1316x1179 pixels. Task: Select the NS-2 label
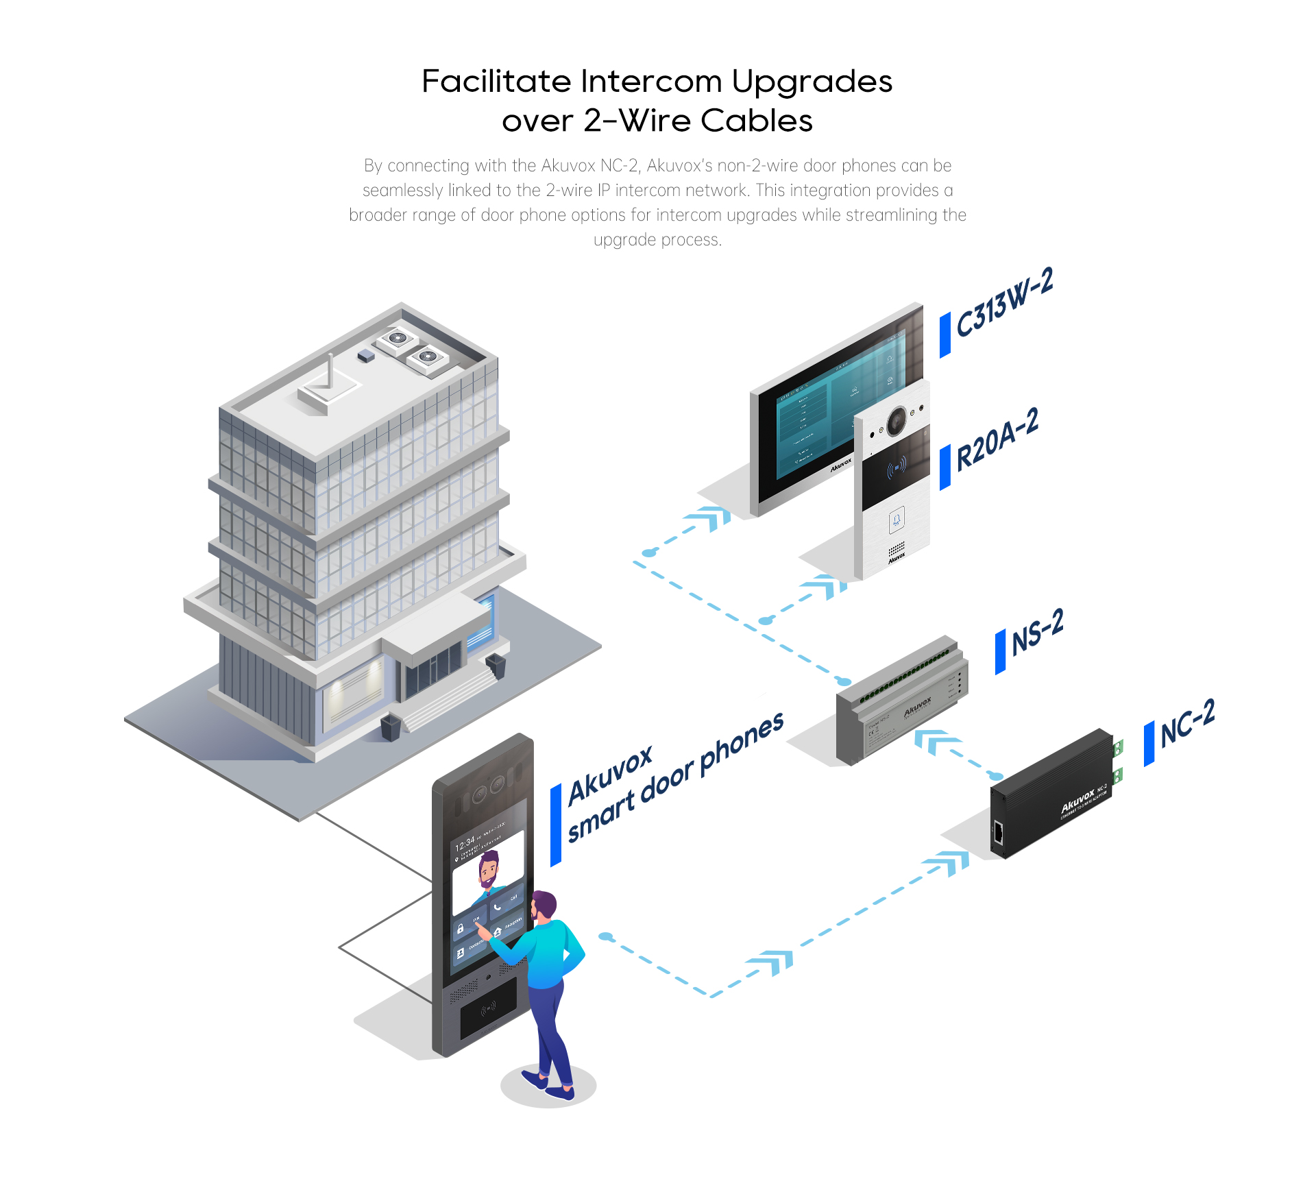1037,631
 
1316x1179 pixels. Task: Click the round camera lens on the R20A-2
896,421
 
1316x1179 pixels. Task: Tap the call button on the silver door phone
897,520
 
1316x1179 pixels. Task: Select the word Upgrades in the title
812,82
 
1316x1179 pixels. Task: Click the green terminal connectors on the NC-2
1117,761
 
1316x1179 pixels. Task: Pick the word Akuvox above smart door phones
610,774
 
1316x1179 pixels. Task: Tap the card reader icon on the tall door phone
488,1008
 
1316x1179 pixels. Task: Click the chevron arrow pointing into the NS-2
935,741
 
